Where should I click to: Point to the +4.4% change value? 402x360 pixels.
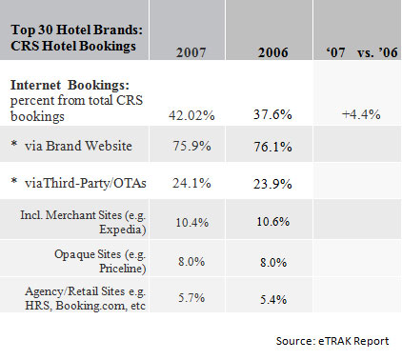pos(360,114)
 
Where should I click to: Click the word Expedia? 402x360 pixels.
pos(121,230)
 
